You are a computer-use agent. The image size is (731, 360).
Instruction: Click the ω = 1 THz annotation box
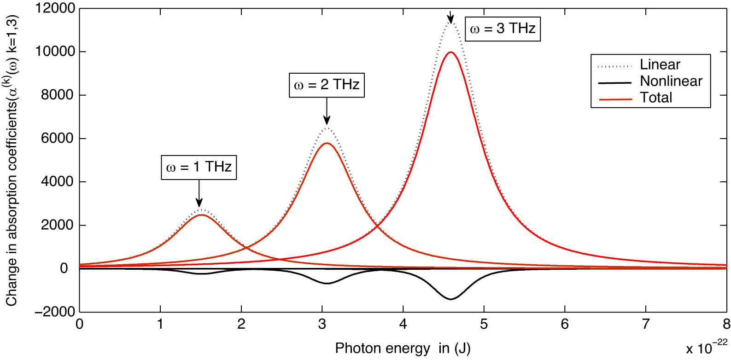199,167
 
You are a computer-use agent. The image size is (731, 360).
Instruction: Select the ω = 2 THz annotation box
327,85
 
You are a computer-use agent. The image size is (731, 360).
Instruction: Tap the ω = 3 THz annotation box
503,29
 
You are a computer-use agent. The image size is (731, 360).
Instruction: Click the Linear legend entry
660,65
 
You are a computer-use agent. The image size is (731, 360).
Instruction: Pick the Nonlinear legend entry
671,81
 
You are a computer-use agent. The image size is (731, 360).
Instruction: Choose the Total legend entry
655,98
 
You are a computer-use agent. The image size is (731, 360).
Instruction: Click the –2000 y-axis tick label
54,312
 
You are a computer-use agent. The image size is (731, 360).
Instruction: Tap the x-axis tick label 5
484,325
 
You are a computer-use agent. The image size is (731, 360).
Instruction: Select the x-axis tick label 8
726,325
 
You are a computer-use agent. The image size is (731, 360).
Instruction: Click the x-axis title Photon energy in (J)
403,348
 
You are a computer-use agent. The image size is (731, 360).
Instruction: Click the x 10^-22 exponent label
706,348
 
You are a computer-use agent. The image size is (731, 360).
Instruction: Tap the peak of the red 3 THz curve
450,52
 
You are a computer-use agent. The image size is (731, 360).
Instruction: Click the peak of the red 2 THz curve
327,143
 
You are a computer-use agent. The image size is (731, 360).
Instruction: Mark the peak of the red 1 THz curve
201,215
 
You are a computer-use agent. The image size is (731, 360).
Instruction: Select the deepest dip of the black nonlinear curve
450,299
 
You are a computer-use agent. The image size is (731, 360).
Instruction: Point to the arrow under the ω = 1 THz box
199,193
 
